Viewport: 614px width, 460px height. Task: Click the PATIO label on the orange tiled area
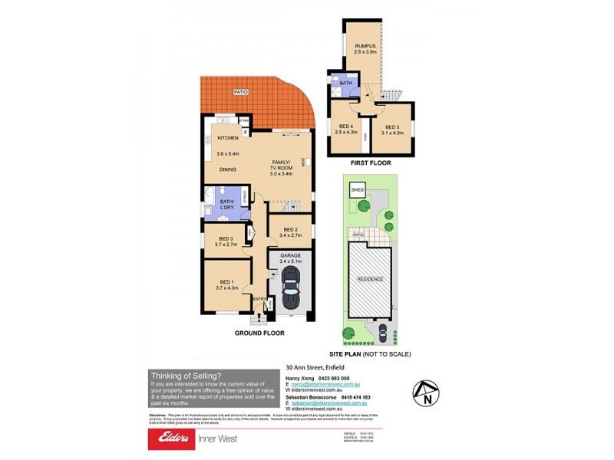tap(240, 93)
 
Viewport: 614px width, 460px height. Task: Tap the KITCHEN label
tap(228, 138)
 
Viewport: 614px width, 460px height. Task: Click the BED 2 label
tap(289, 230)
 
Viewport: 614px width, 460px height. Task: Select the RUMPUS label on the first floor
tap(364, 47)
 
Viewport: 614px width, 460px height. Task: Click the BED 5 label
tap(392, 127)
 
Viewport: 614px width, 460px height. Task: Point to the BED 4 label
tap(347, 127)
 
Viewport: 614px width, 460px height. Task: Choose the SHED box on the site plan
tap(357, 189)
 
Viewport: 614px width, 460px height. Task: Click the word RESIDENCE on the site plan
tap(370, 279)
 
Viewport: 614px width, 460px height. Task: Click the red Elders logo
tap(171, 438)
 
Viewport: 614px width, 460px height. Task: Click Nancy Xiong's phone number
tap(334, 379)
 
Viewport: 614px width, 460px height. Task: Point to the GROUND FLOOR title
tap(259, 333)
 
